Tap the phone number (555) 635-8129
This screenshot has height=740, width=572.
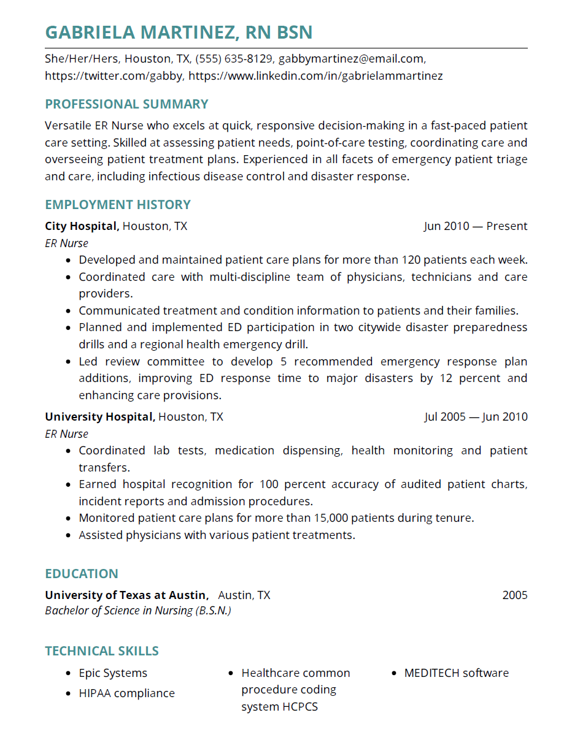(x=234, y=59)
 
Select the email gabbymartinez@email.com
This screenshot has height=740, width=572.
(x=351, y=59)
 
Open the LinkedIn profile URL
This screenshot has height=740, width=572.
(x=315, y=76)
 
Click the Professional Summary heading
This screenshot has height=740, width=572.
(x=126, y=104)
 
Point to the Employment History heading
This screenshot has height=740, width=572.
(x=118, y=205)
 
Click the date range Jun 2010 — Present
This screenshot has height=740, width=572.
(x=475, y=226)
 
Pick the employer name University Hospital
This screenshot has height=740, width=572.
(x=99, y=417)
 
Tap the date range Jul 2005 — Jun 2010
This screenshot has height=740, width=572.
(x=475, y=417)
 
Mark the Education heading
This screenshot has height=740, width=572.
(x=82, y=574)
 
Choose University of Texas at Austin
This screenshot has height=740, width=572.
(x=126, y=595)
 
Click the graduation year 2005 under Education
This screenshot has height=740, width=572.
(x=514, y=595)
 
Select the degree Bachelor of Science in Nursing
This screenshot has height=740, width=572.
(x=137, y=611)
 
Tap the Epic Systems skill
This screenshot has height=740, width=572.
(x=113, y=673)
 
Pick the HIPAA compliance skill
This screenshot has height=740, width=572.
(x=126, y=693)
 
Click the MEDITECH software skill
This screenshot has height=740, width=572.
(x=456, y=673)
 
